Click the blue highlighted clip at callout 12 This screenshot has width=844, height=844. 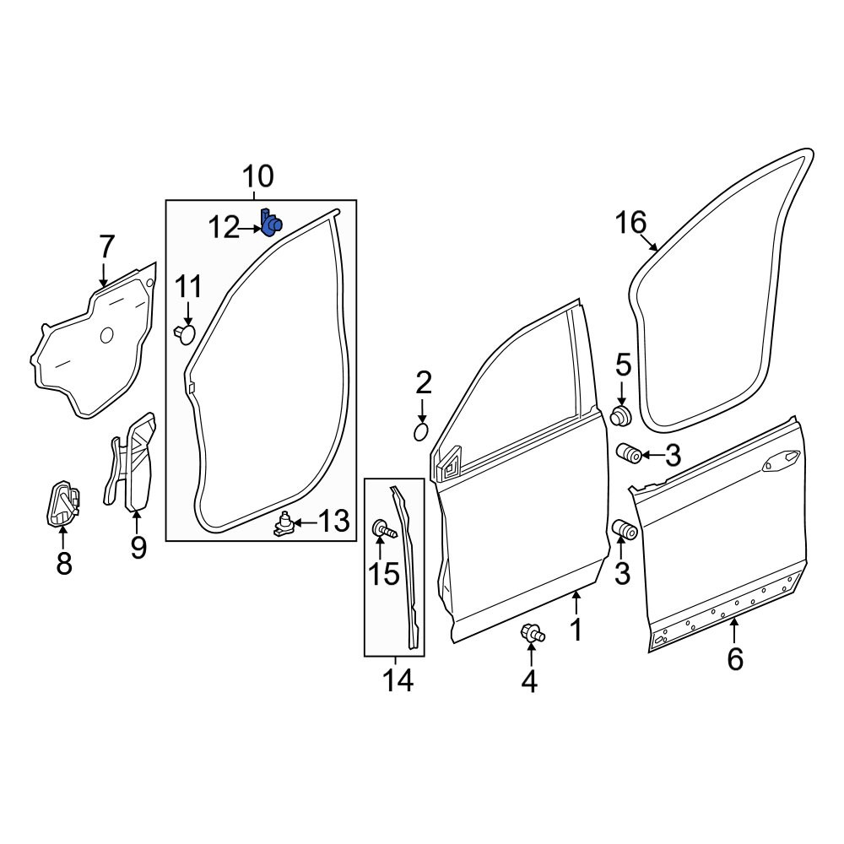pos(271,223)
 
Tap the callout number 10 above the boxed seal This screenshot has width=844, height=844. pos(257,176)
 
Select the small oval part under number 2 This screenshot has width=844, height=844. pos(421,431)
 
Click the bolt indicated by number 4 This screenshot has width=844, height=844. pos(532,633)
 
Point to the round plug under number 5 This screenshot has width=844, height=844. pos(622,416)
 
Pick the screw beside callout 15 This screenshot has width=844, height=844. pos(384,529)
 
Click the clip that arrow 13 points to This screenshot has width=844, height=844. pos(284,524)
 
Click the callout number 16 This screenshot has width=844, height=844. pos(630,223)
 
